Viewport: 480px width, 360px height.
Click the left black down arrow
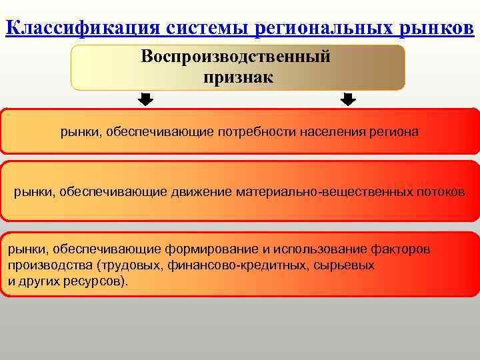click(145, 100)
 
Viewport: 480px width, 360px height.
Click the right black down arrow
click(348, 100)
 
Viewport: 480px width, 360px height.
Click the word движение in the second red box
click(199, 192)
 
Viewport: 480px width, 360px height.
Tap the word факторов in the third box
click(400, 249)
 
